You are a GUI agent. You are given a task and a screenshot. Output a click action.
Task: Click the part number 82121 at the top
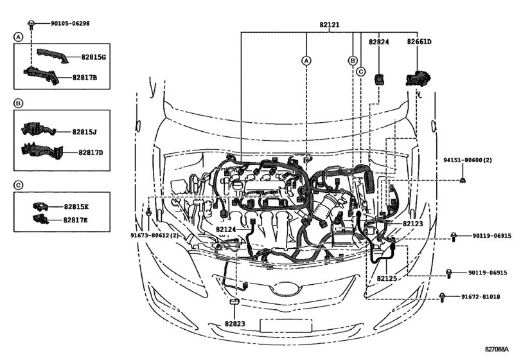pos(330,24)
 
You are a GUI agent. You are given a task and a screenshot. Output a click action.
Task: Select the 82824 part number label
pos(378,42)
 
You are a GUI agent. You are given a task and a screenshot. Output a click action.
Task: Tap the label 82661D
pos(419,42)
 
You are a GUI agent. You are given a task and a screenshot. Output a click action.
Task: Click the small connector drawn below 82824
pos(379,79)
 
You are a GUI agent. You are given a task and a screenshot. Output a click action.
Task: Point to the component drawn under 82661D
pos(418,78)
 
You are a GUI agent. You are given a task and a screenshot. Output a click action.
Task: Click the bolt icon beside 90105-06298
pos(31,24)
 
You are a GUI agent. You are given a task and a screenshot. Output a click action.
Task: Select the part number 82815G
pos(93,57)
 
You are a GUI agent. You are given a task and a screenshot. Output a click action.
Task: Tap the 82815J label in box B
pos(84,132)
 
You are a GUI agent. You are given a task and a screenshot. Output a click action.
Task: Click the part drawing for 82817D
pos(42,151)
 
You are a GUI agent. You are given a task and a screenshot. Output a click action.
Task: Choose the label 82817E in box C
pos(75,220)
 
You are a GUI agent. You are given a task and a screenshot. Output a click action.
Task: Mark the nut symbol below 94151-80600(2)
pos(462,181)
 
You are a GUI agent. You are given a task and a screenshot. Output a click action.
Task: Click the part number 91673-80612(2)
pos(154,235)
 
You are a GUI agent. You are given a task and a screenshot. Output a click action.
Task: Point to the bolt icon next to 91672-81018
pos(442,297)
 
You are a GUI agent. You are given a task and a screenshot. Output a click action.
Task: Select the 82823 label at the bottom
pos(234,323)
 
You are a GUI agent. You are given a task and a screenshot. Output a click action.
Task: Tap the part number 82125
pos(387,278)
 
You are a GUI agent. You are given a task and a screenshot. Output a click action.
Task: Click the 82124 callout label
pos(225,230)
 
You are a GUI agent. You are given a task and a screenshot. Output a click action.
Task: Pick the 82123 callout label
pos(412,223)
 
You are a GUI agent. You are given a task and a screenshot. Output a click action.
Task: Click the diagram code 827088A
pos(497,349)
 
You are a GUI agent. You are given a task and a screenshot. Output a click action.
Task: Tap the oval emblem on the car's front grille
pos(287,288)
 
